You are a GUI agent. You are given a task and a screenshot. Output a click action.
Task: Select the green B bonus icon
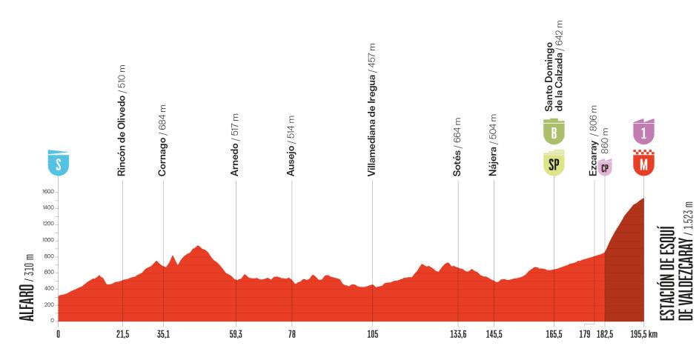coord(553,132)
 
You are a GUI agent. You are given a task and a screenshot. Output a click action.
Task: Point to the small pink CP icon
coord(605,167)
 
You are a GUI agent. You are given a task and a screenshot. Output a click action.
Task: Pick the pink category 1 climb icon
coord(643,131)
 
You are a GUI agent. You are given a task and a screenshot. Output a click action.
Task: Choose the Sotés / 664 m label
coord(458,146)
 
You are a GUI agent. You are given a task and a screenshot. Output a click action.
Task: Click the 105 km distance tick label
coord(372,334)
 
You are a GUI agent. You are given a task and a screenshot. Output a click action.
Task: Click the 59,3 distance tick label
coord(236,334)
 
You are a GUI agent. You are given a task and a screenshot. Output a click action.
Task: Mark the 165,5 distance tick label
coord(553,334)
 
